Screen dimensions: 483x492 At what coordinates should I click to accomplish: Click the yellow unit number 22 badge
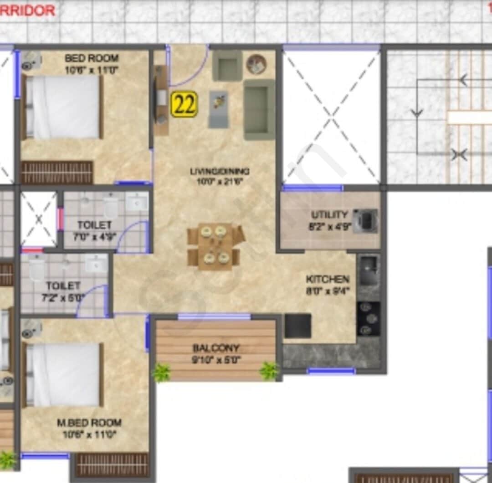184,104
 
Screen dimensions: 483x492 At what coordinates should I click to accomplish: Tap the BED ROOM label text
92,58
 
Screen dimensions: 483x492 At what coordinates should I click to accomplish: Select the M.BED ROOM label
89,422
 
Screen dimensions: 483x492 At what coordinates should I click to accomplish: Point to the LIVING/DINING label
220,171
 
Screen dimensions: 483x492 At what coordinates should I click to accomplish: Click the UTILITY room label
329,214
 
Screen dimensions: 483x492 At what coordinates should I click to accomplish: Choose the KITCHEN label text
328,279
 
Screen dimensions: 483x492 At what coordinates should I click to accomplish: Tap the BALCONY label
216,348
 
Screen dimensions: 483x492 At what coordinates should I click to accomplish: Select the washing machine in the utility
366,221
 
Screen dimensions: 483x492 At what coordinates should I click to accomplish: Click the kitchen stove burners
368,318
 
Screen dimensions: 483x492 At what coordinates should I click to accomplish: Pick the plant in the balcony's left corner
161,372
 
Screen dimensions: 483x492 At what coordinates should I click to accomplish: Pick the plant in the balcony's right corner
269,370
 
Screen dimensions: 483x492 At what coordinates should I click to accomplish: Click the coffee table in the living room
219,109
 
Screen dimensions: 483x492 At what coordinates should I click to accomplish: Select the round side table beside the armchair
256,64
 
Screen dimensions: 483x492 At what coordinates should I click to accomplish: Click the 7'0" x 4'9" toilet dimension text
94,236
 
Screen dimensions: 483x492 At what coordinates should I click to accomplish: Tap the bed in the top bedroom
62,107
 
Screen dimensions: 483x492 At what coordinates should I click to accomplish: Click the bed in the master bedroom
62,374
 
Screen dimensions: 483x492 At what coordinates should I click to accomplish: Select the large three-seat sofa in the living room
259,109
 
